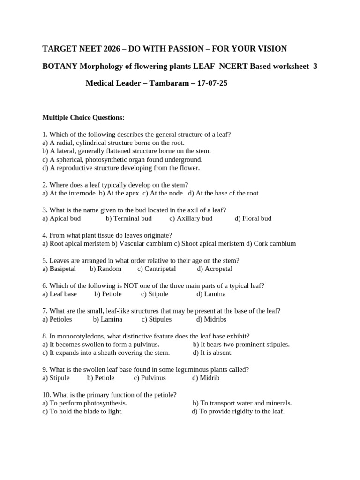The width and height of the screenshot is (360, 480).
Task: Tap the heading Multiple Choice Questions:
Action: point(83,117)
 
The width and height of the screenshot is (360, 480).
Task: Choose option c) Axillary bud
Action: point(191,218)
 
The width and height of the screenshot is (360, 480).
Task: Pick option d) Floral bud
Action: point(253,218)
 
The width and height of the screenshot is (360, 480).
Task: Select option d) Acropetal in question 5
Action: point(215,269)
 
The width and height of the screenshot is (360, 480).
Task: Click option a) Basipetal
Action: point(60,269)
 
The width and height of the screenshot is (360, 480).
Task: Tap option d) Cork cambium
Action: point(271,244)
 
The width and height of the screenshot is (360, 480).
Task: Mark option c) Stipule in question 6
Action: point(154,294)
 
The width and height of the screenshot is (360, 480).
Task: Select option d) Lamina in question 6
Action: point(211,294)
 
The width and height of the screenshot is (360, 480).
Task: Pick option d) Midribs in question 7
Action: point(211,320)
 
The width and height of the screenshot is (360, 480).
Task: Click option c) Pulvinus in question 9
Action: point(150,378)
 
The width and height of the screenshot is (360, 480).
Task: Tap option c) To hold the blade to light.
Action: point(82,412)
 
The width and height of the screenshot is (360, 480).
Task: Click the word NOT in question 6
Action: point(132,286)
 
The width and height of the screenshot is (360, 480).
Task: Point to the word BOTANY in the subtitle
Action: point(60,67)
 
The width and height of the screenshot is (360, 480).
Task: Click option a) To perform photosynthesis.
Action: point(85,403)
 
